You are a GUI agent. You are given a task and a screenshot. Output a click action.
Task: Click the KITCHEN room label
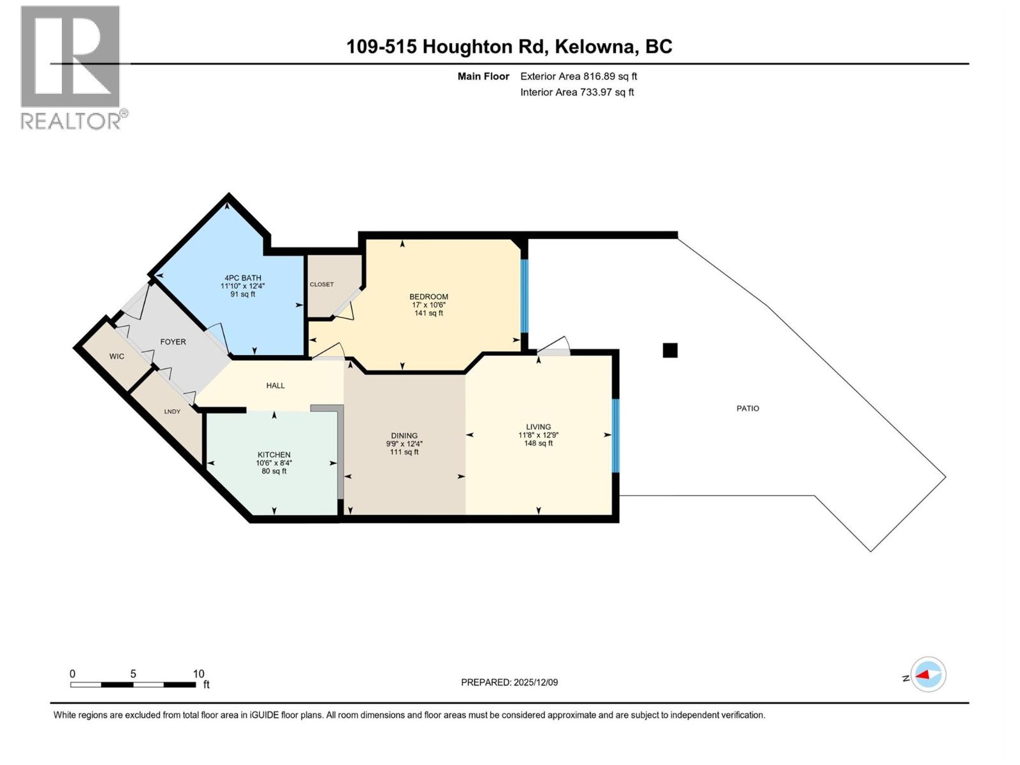coord(274,455)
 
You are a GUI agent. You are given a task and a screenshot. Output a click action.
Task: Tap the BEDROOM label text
coord(428,296)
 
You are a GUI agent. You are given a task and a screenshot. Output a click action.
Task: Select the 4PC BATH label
coord(242,278)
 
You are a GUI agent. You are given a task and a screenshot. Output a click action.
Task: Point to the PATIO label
coord(748,409)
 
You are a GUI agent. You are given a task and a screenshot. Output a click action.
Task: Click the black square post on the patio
coord(670,350)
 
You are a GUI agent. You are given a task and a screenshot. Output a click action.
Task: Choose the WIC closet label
coord(117,356)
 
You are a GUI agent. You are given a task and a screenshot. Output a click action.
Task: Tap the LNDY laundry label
coord(172,412)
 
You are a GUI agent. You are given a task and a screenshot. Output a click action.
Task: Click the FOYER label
coord(173,342)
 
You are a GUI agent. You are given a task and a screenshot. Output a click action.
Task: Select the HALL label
coord(275,386)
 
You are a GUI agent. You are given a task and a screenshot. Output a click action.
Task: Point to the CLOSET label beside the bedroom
coord(321,284)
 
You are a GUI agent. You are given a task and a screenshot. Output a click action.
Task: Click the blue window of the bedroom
coord(525,296)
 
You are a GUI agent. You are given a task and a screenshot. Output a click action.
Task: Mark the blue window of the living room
coord(615,435)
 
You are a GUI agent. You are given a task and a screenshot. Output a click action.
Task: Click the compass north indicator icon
coord(928,674)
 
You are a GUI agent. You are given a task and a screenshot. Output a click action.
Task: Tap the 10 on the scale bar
coord(198,674)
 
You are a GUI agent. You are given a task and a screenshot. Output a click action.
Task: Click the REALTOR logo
coord(71,67)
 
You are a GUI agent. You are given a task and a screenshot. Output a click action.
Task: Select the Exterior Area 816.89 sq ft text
coord(578,76)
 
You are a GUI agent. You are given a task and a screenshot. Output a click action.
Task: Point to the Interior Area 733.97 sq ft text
coord(577,92)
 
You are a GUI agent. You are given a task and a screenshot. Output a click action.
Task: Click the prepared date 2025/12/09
coord(534,682)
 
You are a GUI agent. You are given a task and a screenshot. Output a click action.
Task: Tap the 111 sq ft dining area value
coord(404,452)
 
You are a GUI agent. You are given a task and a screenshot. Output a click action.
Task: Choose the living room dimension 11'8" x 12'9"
coord(538,435)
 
